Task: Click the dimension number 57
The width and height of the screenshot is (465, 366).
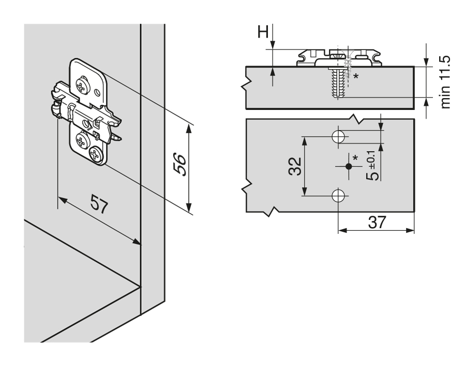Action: click(99, 203)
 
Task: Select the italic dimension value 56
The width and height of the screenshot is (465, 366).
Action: click(180, 164)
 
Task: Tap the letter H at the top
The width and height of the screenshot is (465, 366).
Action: click(263, 32)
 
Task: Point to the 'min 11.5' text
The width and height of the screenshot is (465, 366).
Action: click(445, 82)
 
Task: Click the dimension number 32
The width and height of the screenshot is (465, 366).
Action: click(295, 166)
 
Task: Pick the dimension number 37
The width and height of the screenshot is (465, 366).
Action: click(377, 222)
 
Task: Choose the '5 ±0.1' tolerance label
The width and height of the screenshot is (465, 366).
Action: click(372, 166)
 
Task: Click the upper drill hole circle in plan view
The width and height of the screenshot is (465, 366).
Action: click(338, 137)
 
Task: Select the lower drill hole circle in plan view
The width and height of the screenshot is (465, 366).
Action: click(338, 196)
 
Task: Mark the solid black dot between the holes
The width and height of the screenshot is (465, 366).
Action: click(349, 167)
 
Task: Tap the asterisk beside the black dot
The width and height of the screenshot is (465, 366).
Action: click(355, 157)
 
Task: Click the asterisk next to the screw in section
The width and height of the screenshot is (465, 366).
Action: click(356, 76)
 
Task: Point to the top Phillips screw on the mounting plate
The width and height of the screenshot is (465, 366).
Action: click(82, 85)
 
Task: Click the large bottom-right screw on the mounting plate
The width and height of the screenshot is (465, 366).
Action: click(96, 154)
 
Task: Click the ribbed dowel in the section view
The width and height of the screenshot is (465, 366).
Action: click(338, 82)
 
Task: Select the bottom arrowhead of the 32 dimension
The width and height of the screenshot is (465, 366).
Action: click(304, 191)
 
